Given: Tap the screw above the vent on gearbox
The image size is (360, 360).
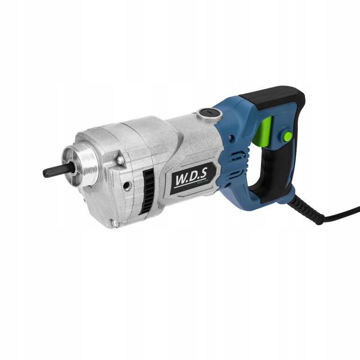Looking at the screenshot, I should tap(120, 160).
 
